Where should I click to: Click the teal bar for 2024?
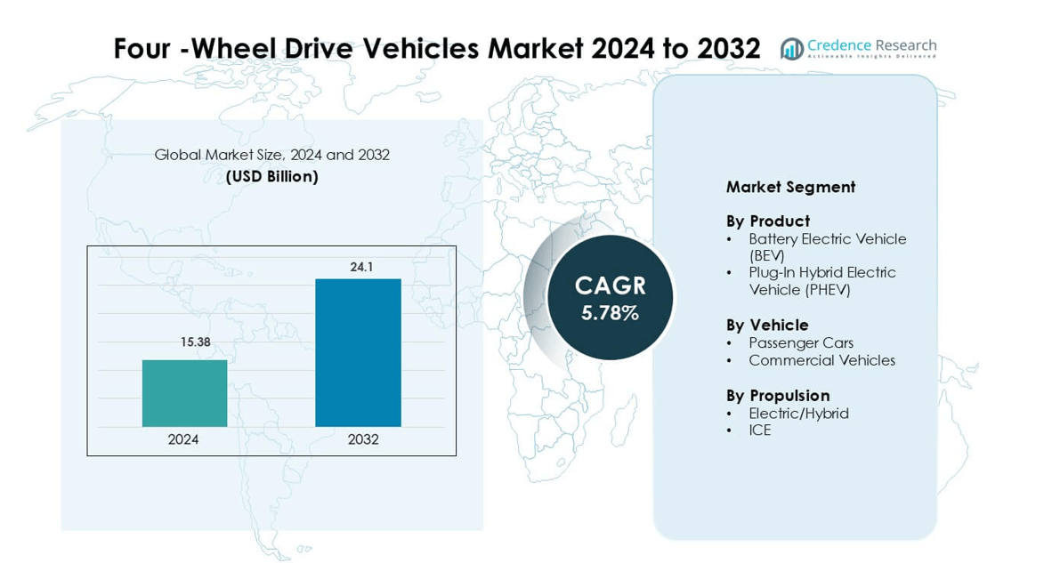pos(184,393)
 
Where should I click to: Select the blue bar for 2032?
pos(358,353)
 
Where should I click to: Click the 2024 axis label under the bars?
pos(183,439)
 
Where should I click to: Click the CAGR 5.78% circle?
pos(610,297)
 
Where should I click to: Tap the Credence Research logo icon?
pos(791,49)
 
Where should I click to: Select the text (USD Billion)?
pos(271,176)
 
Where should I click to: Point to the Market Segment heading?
pos(790,187)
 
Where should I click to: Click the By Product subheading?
pos(767,221)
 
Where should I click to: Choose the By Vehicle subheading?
pos(767,325)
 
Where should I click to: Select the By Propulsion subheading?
pos(777,395)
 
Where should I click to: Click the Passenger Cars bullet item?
pos(800,342)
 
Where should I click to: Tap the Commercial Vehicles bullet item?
pos(821,360)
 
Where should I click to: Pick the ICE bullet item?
pos(759,430)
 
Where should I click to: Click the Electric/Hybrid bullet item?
pos(798,413)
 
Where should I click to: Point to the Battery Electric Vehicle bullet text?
pos(827,246)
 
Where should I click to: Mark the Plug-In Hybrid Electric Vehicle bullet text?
pos(821,281)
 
